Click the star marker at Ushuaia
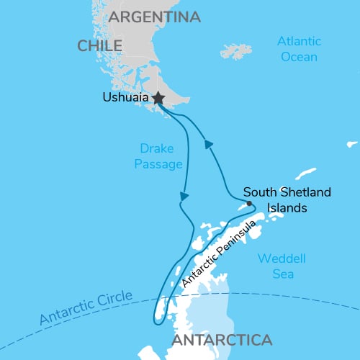coord(158,97)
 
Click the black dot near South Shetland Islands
coord(248,203)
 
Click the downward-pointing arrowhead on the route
coord(185,195)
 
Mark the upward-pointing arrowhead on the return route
coord(209,145)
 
